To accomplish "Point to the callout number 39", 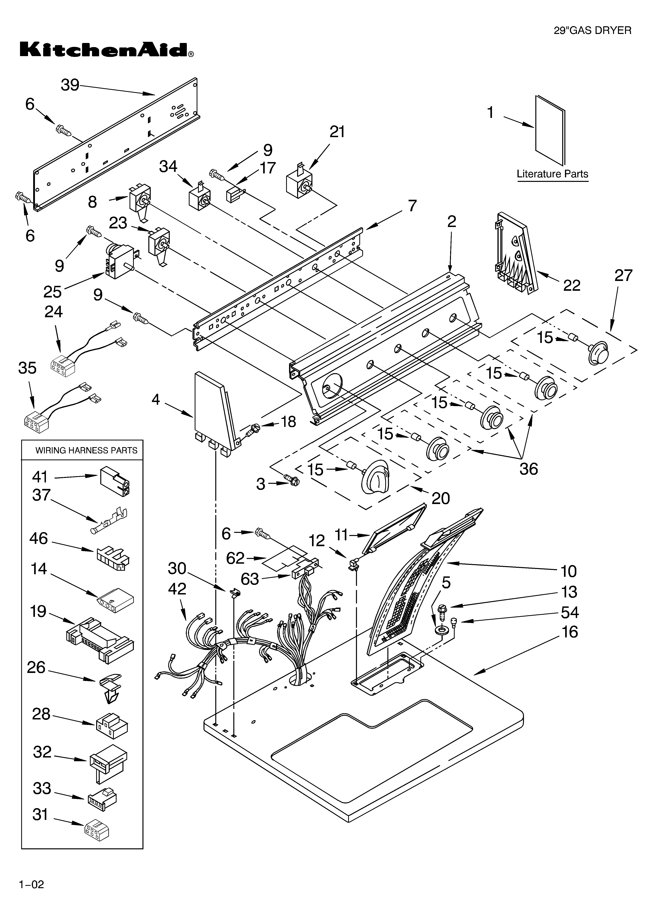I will [70, 85].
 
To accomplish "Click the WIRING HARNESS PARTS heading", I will [86, 450].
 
